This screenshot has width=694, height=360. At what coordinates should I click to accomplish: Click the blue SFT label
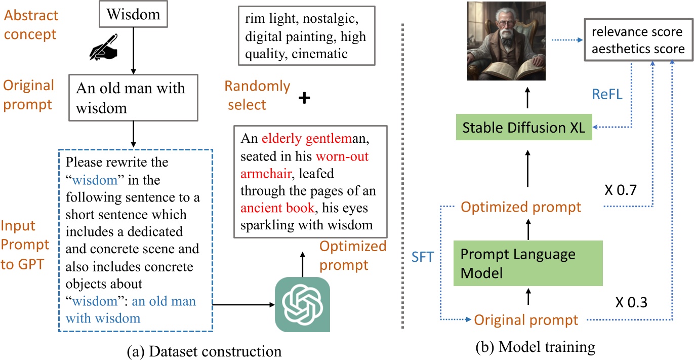click(x=423, y=257)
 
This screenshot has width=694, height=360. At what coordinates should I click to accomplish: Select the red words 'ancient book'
click(x=277, y=208)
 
